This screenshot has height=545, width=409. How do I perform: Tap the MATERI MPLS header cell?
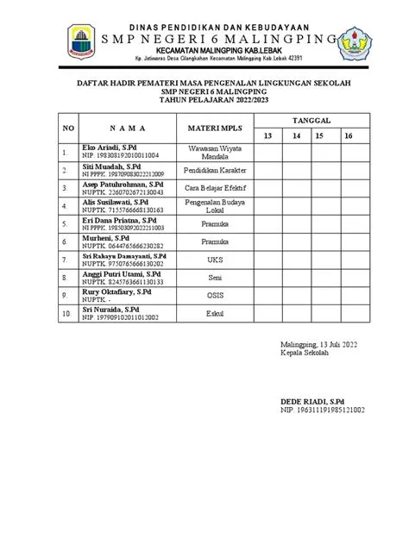[x=211, y=128]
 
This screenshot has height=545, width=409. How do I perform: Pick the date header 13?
[x=268, y=136]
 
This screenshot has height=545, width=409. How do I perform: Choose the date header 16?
[x=348, y=136]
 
